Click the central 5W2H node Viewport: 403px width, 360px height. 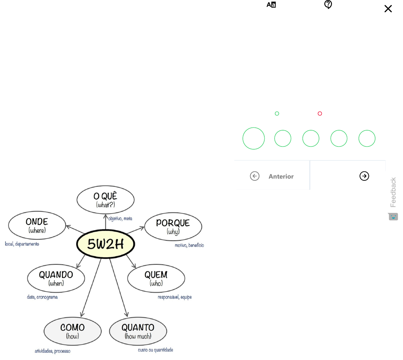point(106,244)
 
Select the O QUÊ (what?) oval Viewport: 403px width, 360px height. point(106,200)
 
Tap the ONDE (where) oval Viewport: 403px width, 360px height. point(37,226)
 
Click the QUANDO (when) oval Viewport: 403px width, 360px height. point(56,278)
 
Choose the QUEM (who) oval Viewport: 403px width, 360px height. point(156,278)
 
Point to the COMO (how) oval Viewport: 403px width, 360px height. point(72,331)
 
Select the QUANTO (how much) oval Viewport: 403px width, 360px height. point(138,331)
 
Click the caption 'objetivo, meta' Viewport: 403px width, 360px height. point(120,219)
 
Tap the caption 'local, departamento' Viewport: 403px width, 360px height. point(22,244)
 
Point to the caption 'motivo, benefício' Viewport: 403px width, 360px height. point(190,245)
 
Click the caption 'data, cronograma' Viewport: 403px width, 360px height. point(42,297)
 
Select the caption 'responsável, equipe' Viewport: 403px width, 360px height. point(175,297)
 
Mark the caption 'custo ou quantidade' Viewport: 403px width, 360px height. point(156,350)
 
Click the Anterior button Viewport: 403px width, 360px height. point(272,176)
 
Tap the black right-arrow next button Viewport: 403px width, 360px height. point(364,176)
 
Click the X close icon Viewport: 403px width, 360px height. point(388,9)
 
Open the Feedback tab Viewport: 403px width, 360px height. point(393,193)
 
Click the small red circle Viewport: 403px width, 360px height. point(320,114)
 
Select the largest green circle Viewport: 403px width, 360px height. point(254,139)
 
